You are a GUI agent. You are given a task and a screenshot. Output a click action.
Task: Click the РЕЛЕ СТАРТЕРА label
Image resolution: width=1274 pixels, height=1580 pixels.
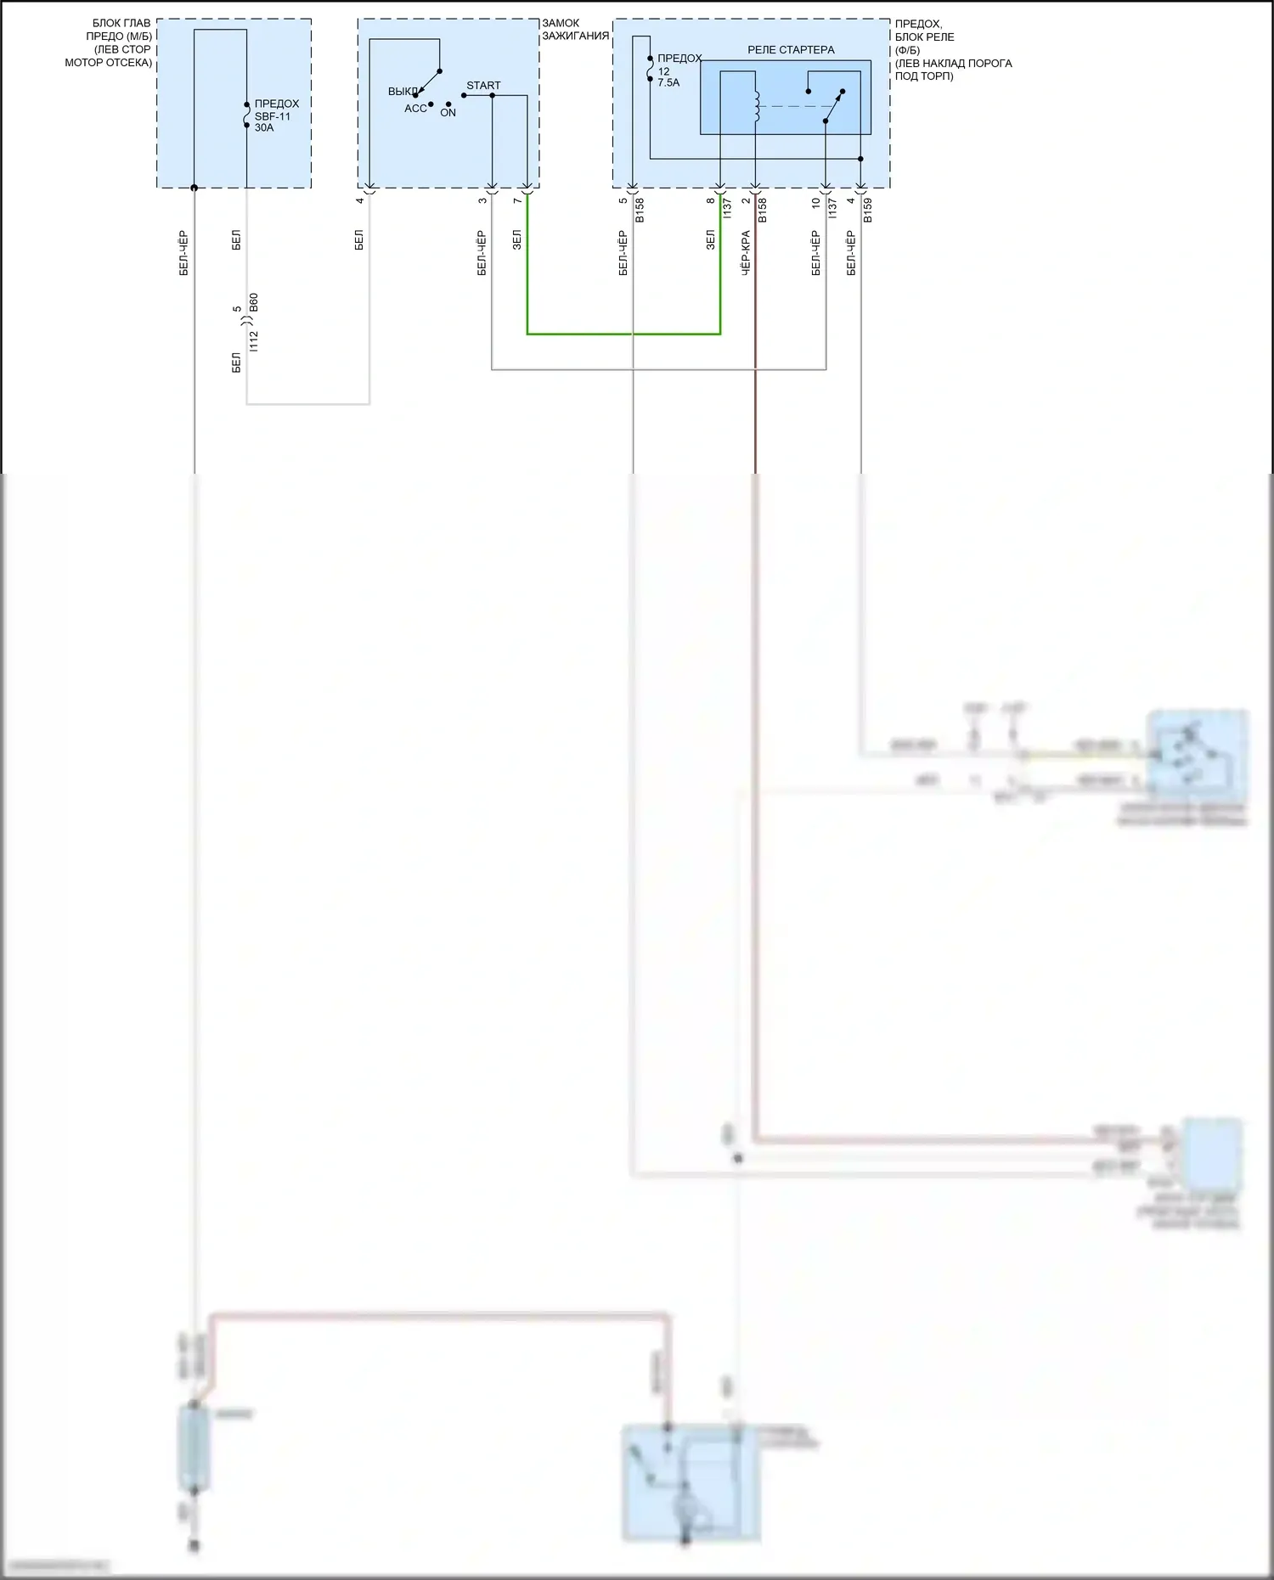[791, 50]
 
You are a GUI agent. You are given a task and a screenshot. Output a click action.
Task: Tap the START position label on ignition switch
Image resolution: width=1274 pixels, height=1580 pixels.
[483, 85]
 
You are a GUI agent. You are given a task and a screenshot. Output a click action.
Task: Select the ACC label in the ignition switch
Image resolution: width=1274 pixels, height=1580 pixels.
[415, 109]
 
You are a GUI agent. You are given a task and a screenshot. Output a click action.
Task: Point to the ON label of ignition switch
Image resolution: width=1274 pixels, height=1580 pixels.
[448, 113]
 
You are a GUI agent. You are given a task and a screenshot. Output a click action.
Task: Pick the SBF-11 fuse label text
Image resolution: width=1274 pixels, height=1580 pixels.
[273, 116]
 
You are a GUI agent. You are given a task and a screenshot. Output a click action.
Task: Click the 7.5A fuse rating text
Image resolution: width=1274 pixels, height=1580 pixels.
[668, 83]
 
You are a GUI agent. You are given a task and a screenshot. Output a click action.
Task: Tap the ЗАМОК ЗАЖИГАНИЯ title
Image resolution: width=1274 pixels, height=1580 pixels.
[575, 30]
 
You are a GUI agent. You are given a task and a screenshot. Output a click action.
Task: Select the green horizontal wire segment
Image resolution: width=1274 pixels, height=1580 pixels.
[623, 334]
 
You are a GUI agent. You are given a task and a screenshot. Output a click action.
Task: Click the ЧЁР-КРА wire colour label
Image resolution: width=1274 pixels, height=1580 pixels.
[746, 253]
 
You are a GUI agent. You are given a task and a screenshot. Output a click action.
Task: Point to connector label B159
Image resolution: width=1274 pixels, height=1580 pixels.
[867, 211]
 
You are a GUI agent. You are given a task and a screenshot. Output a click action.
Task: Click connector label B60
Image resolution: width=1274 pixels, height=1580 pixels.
[253, 303]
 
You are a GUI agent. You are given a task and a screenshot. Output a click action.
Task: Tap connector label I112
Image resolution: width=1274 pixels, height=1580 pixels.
[253, 341]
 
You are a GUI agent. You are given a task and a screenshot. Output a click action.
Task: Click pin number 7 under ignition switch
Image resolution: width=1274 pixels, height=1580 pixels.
[516, 200]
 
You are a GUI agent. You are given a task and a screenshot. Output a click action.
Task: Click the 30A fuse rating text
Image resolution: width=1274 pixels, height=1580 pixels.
[264, 128]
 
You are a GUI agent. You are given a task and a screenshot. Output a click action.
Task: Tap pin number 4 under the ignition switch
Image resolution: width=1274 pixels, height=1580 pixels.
[359, 200]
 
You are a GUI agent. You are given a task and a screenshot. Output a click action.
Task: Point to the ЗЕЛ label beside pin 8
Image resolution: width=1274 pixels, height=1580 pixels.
[710, 240]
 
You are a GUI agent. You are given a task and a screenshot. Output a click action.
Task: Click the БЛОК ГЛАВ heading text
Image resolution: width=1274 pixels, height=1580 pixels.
[121, 23]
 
